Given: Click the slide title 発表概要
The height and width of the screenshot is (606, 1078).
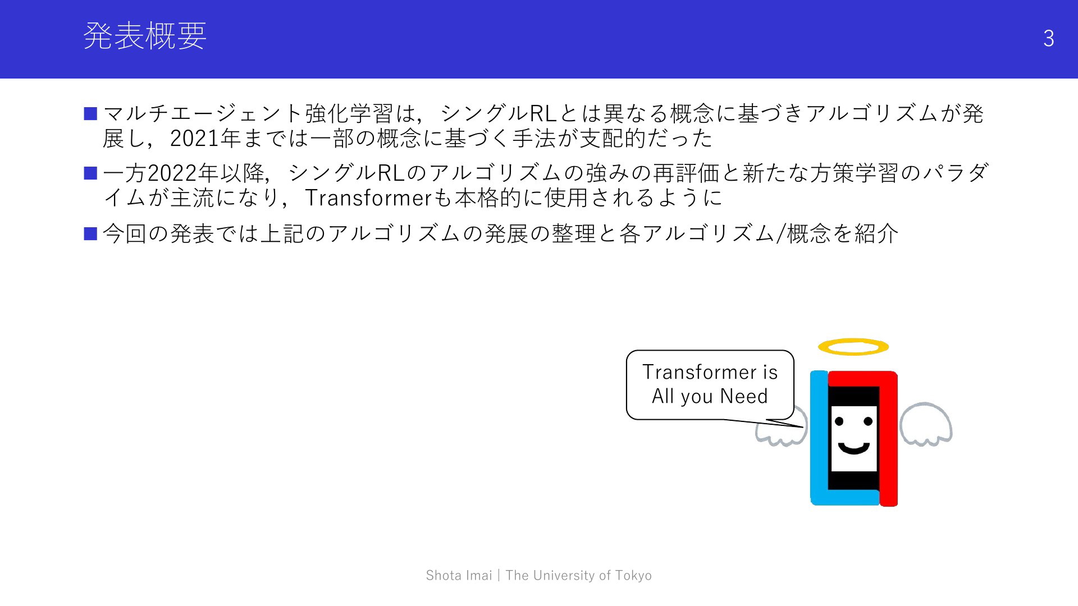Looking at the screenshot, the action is (145, 36).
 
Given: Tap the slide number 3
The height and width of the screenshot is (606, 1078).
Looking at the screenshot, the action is (1048, 38).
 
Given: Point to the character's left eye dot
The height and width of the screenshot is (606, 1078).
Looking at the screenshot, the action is (839, 421).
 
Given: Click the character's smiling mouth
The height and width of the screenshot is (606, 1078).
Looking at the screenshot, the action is (853, 448).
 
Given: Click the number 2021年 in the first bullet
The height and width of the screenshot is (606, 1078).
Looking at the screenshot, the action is (205, 139).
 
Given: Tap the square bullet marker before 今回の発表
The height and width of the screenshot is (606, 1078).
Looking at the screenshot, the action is (90, 233).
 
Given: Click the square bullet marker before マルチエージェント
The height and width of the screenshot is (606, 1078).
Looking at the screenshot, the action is (90, 113).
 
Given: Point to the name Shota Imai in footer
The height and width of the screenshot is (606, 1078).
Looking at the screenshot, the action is (459, 575).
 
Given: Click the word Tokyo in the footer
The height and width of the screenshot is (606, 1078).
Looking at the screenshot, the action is (633, 575).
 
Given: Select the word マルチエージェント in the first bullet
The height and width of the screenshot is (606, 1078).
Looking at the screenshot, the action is (203, 113).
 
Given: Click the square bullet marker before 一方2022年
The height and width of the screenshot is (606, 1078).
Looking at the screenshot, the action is (90, 173).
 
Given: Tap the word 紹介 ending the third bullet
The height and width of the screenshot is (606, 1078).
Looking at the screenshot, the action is (876, 233).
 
